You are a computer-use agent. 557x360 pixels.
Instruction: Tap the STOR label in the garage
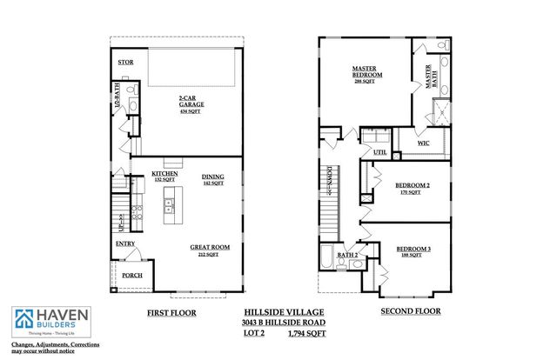(124, 63)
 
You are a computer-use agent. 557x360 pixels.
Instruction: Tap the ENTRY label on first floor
(125, 243)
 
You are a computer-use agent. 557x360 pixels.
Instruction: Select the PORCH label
(131, 275)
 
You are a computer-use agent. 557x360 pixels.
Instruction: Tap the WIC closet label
(424, 143)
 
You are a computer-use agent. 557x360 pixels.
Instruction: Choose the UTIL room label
(379, 151)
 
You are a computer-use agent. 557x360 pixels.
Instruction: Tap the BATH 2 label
(349, 254)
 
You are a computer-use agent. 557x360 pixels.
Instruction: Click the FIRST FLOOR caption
(171, 311)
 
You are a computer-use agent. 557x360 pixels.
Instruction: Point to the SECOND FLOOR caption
(410, 311)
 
